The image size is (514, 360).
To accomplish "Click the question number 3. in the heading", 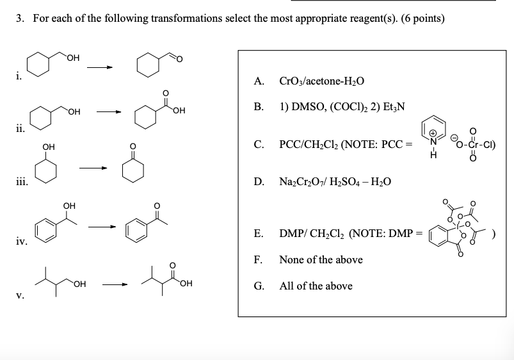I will (20, 19).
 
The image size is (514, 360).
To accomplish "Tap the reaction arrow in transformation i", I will (100, 66).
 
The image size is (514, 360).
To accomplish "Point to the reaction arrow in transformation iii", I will (93, 168).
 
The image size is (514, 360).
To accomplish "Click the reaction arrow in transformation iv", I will (102, 227).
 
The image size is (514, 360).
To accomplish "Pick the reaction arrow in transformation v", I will (116, 283).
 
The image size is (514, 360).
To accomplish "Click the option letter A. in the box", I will (259, 81).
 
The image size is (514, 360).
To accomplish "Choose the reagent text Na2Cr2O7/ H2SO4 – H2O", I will (335, 182).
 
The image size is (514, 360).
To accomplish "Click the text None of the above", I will (321, 259).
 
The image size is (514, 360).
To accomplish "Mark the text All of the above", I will (316, 286).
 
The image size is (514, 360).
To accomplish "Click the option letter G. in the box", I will (259, 286).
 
